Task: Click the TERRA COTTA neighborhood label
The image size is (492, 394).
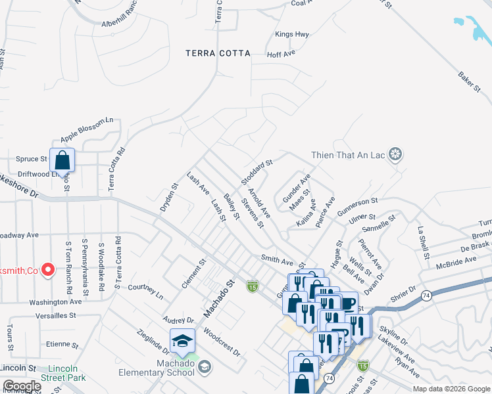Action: pyautogui.click(x=218, y=53)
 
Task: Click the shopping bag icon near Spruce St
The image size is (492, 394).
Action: pyautogui.click(x=62, y=160)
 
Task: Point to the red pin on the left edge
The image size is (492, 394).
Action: pyautogui.click(x=48, y=269)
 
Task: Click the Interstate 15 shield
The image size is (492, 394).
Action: pyautogui.click(x=251, y=286)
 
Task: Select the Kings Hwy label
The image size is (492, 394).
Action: pyautogui.click(x=292, y=34)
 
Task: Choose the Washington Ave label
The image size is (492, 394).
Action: pyautogui.click(x=55, y=302)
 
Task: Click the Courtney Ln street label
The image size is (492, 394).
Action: pyautogui.click(x=145, y=292)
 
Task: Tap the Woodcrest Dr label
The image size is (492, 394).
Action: pyautogui.click(x=222, y=340)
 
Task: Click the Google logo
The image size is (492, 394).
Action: pyautogui.click(x=22, y=386)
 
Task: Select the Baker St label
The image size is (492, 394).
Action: pyautogui.click(x=468, y=82)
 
